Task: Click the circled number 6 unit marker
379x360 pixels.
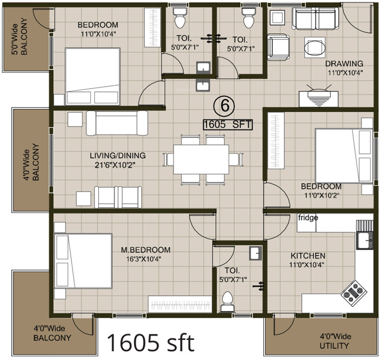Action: point(224,106)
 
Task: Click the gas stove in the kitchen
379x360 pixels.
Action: point(353,291)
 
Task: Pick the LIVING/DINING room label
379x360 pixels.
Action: point(117,156)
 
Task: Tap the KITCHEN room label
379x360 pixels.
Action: point(308,255)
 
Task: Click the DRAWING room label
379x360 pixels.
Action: point(345,63)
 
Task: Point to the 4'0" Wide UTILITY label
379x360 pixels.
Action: point(335,341)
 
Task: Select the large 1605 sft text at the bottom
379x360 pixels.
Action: point(151,343)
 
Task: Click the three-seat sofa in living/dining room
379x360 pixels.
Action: point(117,123)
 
